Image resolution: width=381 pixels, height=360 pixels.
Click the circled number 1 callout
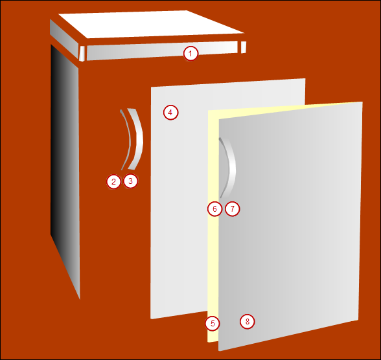[x=190, y=54]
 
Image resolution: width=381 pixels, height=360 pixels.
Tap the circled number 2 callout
[x=114, y=181]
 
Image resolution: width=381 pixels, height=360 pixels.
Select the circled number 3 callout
[x=131, y=181]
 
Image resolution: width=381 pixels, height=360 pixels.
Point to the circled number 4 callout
[x=170, y=113]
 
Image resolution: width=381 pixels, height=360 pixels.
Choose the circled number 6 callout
[x=215, y=208]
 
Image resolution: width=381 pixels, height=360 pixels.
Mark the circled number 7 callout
[x=233, y=208]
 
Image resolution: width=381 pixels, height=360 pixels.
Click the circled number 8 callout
[x=248, y=321]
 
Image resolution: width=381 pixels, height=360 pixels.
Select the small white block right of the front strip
[x=244, y=47]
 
